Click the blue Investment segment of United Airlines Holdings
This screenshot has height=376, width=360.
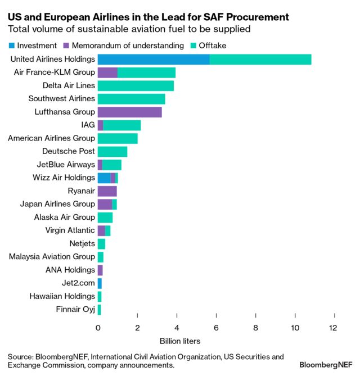point(153,60)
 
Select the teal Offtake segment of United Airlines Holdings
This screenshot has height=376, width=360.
point(260,60)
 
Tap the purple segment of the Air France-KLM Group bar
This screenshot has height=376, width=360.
point(107,73)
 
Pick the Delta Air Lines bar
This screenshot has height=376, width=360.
point(136,86)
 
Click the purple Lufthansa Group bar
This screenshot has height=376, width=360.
point(129,112)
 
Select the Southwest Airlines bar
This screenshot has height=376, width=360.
point(131,99)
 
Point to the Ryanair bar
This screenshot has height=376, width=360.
point(107,191)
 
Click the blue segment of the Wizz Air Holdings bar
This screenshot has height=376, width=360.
point(104,178)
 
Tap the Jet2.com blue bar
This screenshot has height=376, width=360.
point(100,283)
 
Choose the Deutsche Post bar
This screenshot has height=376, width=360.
point(112,151)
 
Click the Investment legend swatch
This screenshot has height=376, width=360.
point(11,46)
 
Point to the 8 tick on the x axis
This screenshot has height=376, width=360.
point(256,328)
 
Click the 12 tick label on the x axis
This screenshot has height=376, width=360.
point(335,328)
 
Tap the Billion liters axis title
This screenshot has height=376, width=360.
point(180,341)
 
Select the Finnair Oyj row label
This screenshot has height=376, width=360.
point(75,310)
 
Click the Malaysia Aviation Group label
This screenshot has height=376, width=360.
point(52,257)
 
